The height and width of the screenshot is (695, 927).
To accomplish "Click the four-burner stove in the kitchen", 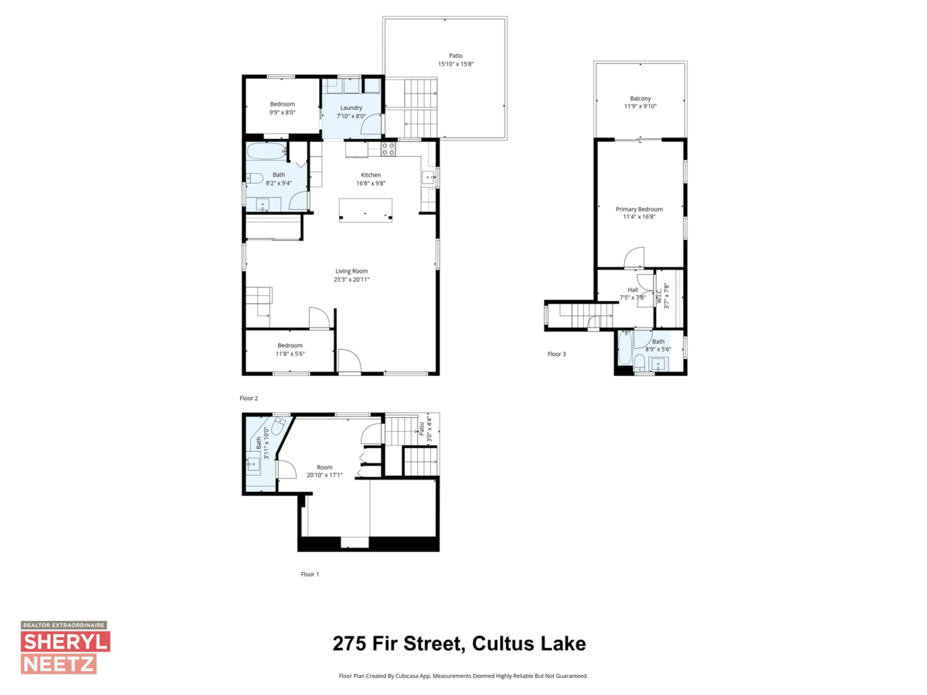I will pyautogui.click(x=389, y=148).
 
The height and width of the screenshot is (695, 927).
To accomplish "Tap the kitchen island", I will pyautogui.click(x=365, y=211).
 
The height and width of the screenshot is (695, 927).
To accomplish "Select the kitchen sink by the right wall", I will pyautogui.click(x=428, y=179).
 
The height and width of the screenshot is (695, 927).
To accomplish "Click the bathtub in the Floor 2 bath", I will pyautogui.click(x=267, y=151).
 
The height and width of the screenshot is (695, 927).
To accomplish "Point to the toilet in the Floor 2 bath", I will pyautogui.click(x=253, y=179).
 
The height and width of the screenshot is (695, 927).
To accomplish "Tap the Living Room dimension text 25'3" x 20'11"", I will pyautogui.click(x=351, y=280).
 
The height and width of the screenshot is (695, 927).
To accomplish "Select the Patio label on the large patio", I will pyautogui.click(x=456, y=56).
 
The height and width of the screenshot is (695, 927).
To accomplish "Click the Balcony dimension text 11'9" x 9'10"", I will pyautogui.click(x=640, y=107).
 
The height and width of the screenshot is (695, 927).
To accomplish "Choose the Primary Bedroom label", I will pyautogui.click(x=639, y=209).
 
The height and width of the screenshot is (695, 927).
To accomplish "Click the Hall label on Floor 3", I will pyautogui.click(x=633, y=290).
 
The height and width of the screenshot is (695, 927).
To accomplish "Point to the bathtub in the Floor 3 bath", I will pyautogui.click(x=625, y=348).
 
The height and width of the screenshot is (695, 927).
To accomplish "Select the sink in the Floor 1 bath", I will pyautogui.click(x=253, y=464).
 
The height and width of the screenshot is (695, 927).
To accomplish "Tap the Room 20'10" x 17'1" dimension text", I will pyautogui.click(x=324, y=475).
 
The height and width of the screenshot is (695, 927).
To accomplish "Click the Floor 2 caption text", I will pyautogui.click(x=249, y=398).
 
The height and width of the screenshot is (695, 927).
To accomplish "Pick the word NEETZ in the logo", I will pyautogui.click(x=58, y=663).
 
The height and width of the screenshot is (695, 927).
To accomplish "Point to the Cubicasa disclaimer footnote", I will pyautogui.click(x=463, y=676).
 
